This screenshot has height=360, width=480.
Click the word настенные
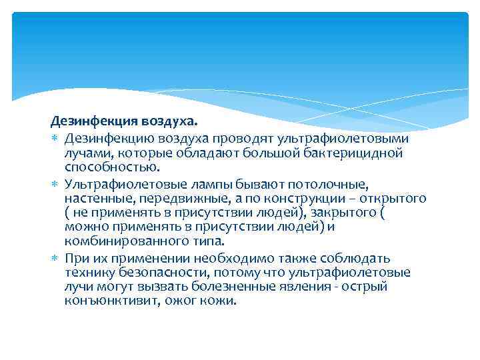[95, 199]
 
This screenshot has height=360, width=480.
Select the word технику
[87, 273]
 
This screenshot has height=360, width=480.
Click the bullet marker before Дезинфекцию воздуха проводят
[54, 138]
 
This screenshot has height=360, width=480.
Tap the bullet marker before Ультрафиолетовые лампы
[54, 183]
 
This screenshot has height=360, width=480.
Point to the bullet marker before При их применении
[54, 259]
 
